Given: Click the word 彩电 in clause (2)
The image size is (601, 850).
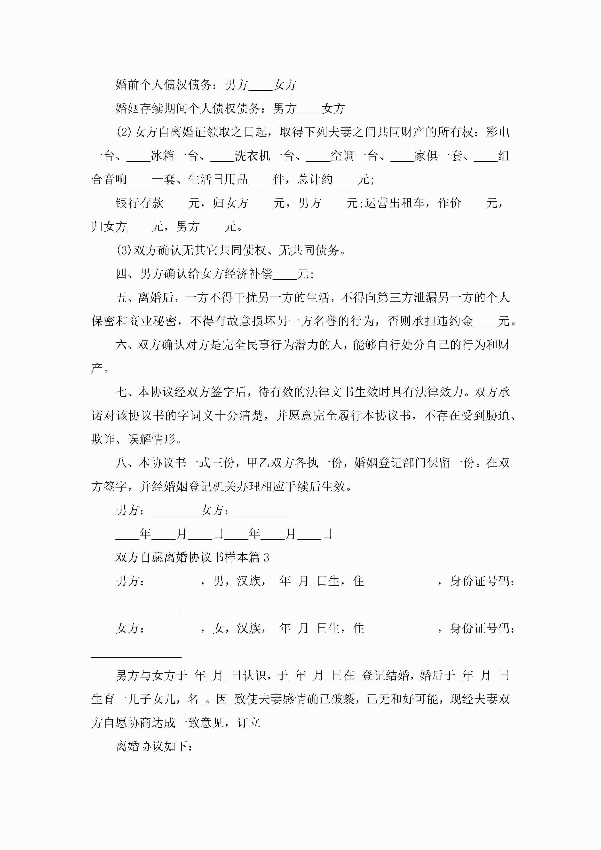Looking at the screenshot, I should (498, 132).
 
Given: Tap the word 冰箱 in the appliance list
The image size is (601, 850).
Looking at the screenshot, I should (163, 156).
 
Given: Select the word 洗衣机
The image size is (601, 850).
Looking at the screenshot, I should (253, 156).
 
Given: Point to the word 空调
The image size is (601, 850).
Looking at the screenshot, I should (342, 156).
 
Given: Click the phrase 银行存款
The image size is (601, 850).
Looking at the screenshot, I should (140, 203).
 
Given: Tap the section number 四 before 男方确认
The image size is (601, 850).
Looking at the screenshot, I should (121, 274).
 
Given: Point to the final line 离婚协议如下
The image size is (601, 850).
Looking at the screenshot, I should (154, 746).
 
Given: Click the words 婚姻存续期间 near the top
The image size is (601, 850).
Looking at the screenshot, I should (151, 109).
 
